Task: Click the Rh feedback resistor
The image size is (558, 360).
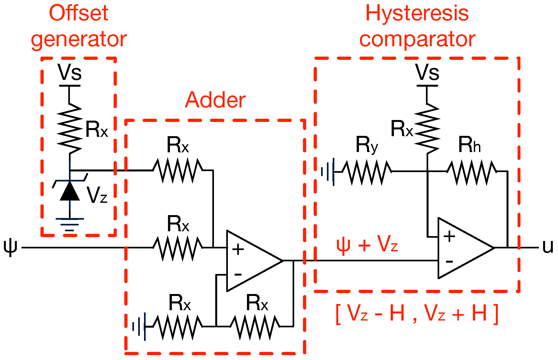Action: pyautogui.click(x=472, y=172)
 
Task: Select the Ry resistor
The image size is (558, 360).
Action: pyautogui.click(x=367, y=172)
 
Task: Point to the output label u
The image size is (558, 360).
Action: pyautogui.click(x=548, y=247)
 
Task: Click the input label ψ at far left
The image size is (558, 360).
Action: pyautogui.click(x=10, y=247)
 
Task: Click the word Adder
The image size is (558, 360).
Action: pyautogui.click(x=215, y=100)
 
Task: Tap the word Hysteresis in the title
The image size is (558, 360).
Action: pyautogui.click(x=417, y=14)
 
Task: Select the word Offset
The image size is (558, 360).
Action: pyautogui.click(x=79, y=14)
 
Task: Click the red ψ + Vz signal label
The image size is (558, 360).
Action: pyautogui.click(x=367, y=244)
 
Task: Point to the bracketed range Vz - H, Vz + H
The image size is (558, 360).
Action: pyautogui.click(x=417, y=313)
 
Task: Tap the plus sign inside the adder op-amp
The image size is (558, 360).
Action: pyautogui.click(x=238, y=249)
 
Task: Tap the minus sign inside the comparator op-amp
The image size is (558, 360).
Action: pyautogui.click(x=449, y=261)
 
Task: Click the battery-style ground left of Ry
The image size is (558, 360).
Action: pyautogui.click(x=328, y=172)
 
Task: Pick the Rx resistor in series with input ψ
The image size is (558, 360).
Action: pyautogui.click(x=177, y=248)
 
